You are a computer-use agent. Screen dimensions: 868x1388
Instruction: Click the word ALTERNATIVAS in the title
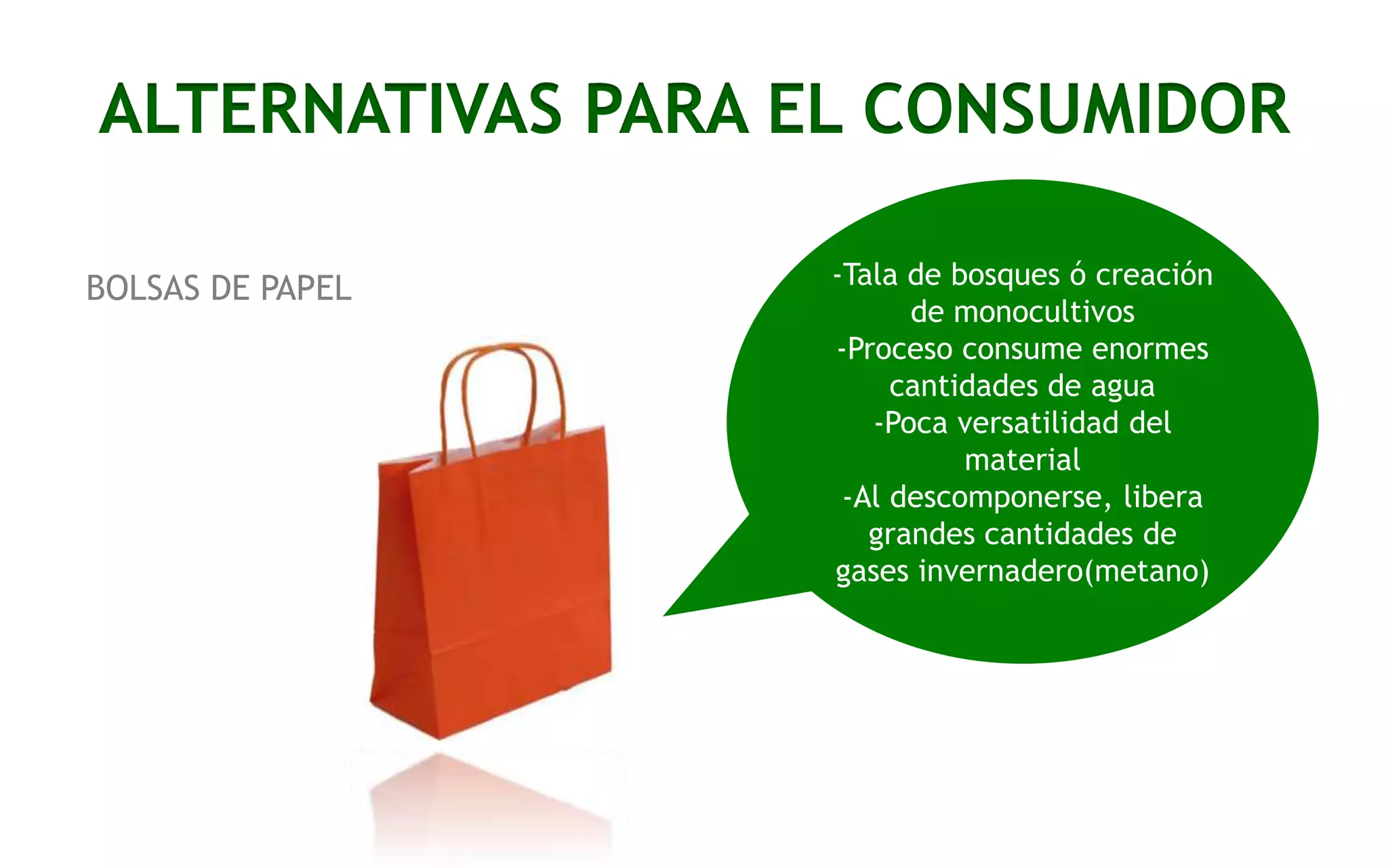point(331,110)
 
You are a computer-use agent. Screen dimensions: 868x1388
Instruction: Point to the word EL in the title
point(805,110)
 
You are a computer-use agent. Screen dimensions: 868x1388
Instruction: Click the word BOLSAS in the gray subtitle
point(143,288)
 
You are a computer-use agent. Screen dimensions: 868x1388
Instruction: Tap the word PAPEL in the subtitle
point(306,288)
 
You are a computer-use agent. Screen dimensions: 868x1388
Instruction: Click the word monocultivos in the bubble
point(1022,312)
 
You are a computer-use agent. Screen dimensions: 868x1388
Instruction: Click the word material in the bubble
point(1022,460)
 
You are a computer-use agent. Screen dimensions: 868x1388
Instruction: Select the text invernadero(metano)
point(1063,571)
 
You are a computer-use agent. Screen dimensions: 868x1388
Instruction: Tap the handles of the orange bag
point(502,393)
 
